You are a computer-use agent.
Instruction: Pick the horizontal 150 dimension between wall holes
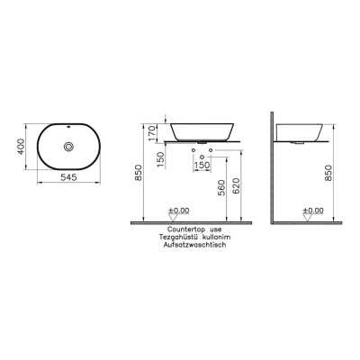[x=202, y=166]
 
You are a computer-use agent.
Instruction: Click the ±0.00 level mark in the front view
[x=176, y=211]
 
